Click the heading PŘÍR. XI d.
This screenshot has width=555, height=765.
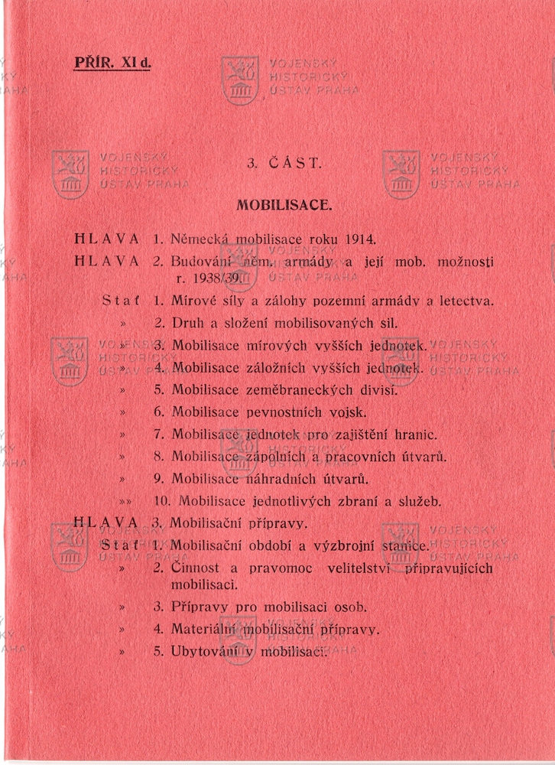(113, 62)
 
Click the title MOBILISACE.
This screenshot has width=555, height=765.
(284, 205)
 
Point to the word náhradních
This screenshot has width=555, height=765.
(287, 480)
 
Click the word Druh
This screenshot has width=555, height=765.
(188, 324)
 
